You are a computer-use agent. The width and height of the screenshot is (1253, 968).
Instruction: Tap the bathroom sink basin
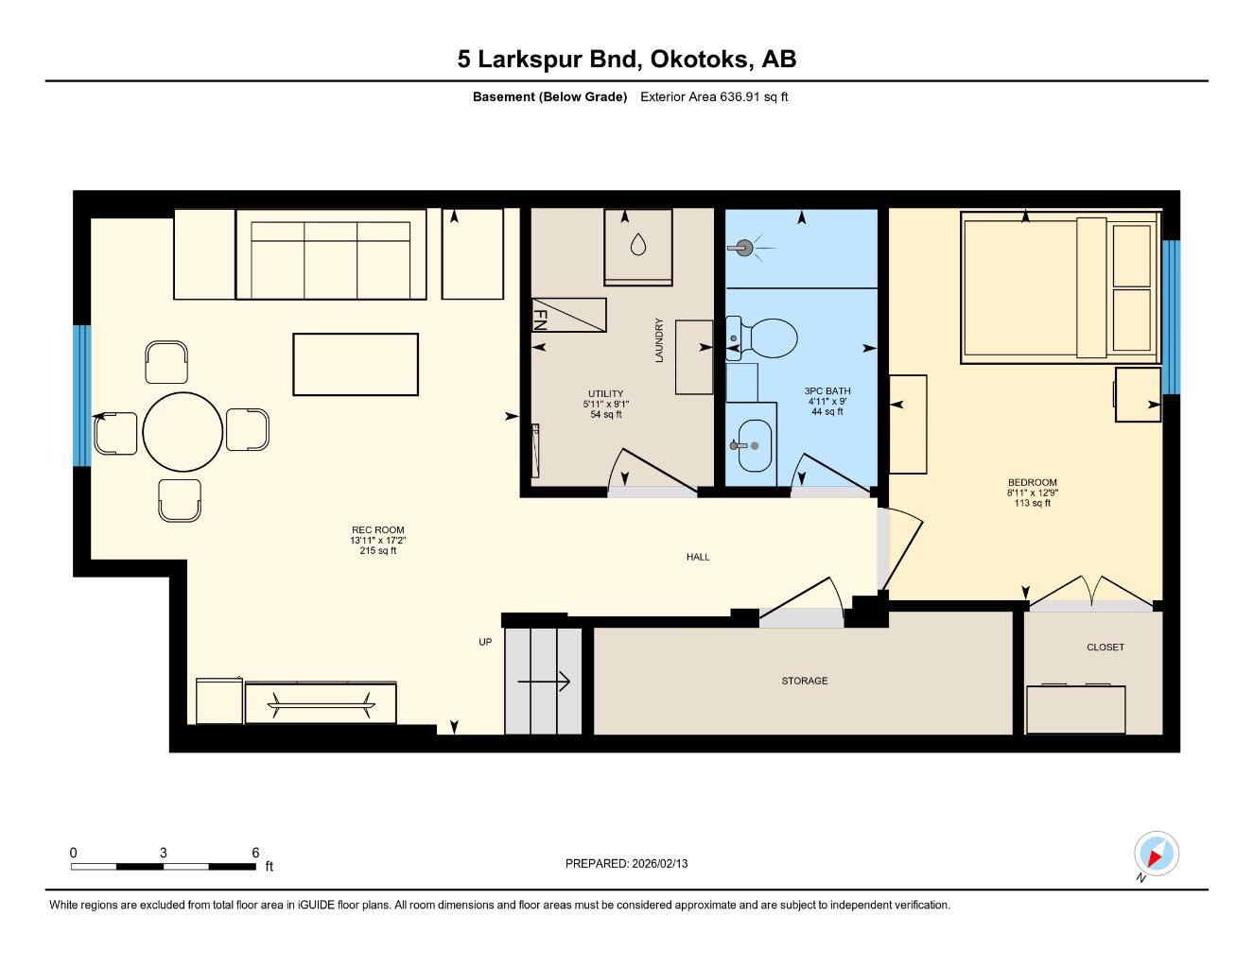coord(754,445)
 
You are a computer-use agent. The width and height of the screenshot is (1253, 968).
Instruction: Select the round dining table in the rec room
coord(183,432)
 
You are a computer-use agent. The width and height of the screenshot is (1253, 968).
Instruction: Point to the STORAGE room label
coord(804,681)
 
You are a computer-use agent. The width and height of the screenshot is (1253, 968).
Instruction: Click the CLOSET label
coord(1105,648)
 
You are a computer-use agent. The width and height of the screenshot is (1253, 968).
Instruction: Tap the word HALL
coord(698,558)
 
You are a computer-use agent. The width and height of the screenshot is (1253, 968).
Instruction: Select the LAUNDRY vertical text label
coord(659,339)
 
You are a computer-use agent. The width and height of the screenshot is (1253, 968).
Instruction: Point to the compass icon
coord(1155,855)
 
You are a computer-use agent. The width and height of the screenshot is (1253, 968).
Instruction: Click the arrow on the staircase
coord(544,681)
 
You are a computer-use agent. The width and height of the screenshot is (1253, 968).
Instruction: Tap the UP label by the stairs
coord(485,643)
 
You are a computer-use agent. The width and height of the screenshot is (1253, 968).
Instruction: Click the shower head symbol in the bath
coord(744,249)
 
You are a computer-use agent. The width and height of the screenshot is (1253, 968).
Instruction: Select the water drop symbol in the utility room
coord(638,245)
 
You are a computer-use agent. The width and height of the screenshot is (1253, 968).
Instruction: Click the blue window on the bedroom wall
coord(1171,317)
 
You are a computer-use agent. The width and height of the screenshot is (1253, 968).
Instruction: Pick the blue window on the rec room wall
coord(82,395)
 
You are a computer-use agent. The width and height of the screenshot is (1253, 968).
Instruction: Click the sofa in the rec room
coord(330,254)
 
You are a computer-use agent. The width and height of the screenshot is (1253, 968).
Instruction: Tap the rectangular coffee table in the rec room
coord(356,364)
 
